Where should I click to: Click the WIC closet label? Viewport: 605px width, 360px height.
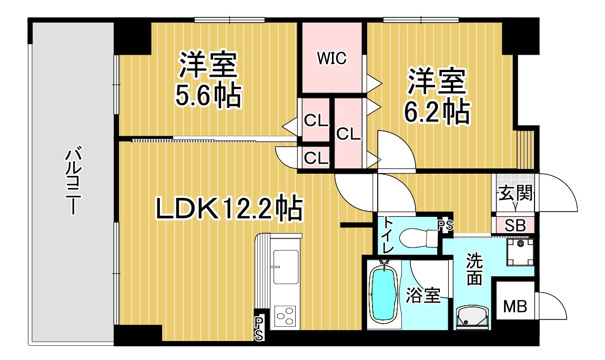coord(331,58)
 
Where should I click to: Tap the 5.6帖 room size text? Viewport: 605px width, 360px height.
coord(208,96)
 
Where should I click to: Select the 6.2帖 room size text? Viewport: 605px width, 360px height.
coord(437,112)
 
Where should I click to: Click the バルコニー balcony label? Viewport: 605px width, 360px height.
coord(72,180)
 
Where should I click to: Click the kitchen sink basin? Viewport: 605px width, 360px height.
coord(286,267)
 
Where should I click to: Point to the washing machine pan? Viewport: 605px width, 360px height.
coord(520,252)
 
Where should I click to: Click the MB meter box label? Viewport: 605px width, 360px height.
coord(515,307)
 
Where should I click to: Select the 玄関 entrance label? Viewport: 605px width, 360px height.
coord(516,193)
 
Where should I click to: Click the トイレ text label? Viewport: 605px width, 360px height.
coord(388,235)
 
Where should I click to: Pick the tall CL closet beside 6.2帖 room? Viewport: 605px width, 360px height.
coord(348,134)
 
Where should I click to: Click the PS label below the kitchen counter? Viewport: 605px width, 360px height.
coord(259,329)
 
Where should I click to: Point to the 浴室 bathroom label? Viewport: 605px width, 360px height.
coord(423,296)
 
